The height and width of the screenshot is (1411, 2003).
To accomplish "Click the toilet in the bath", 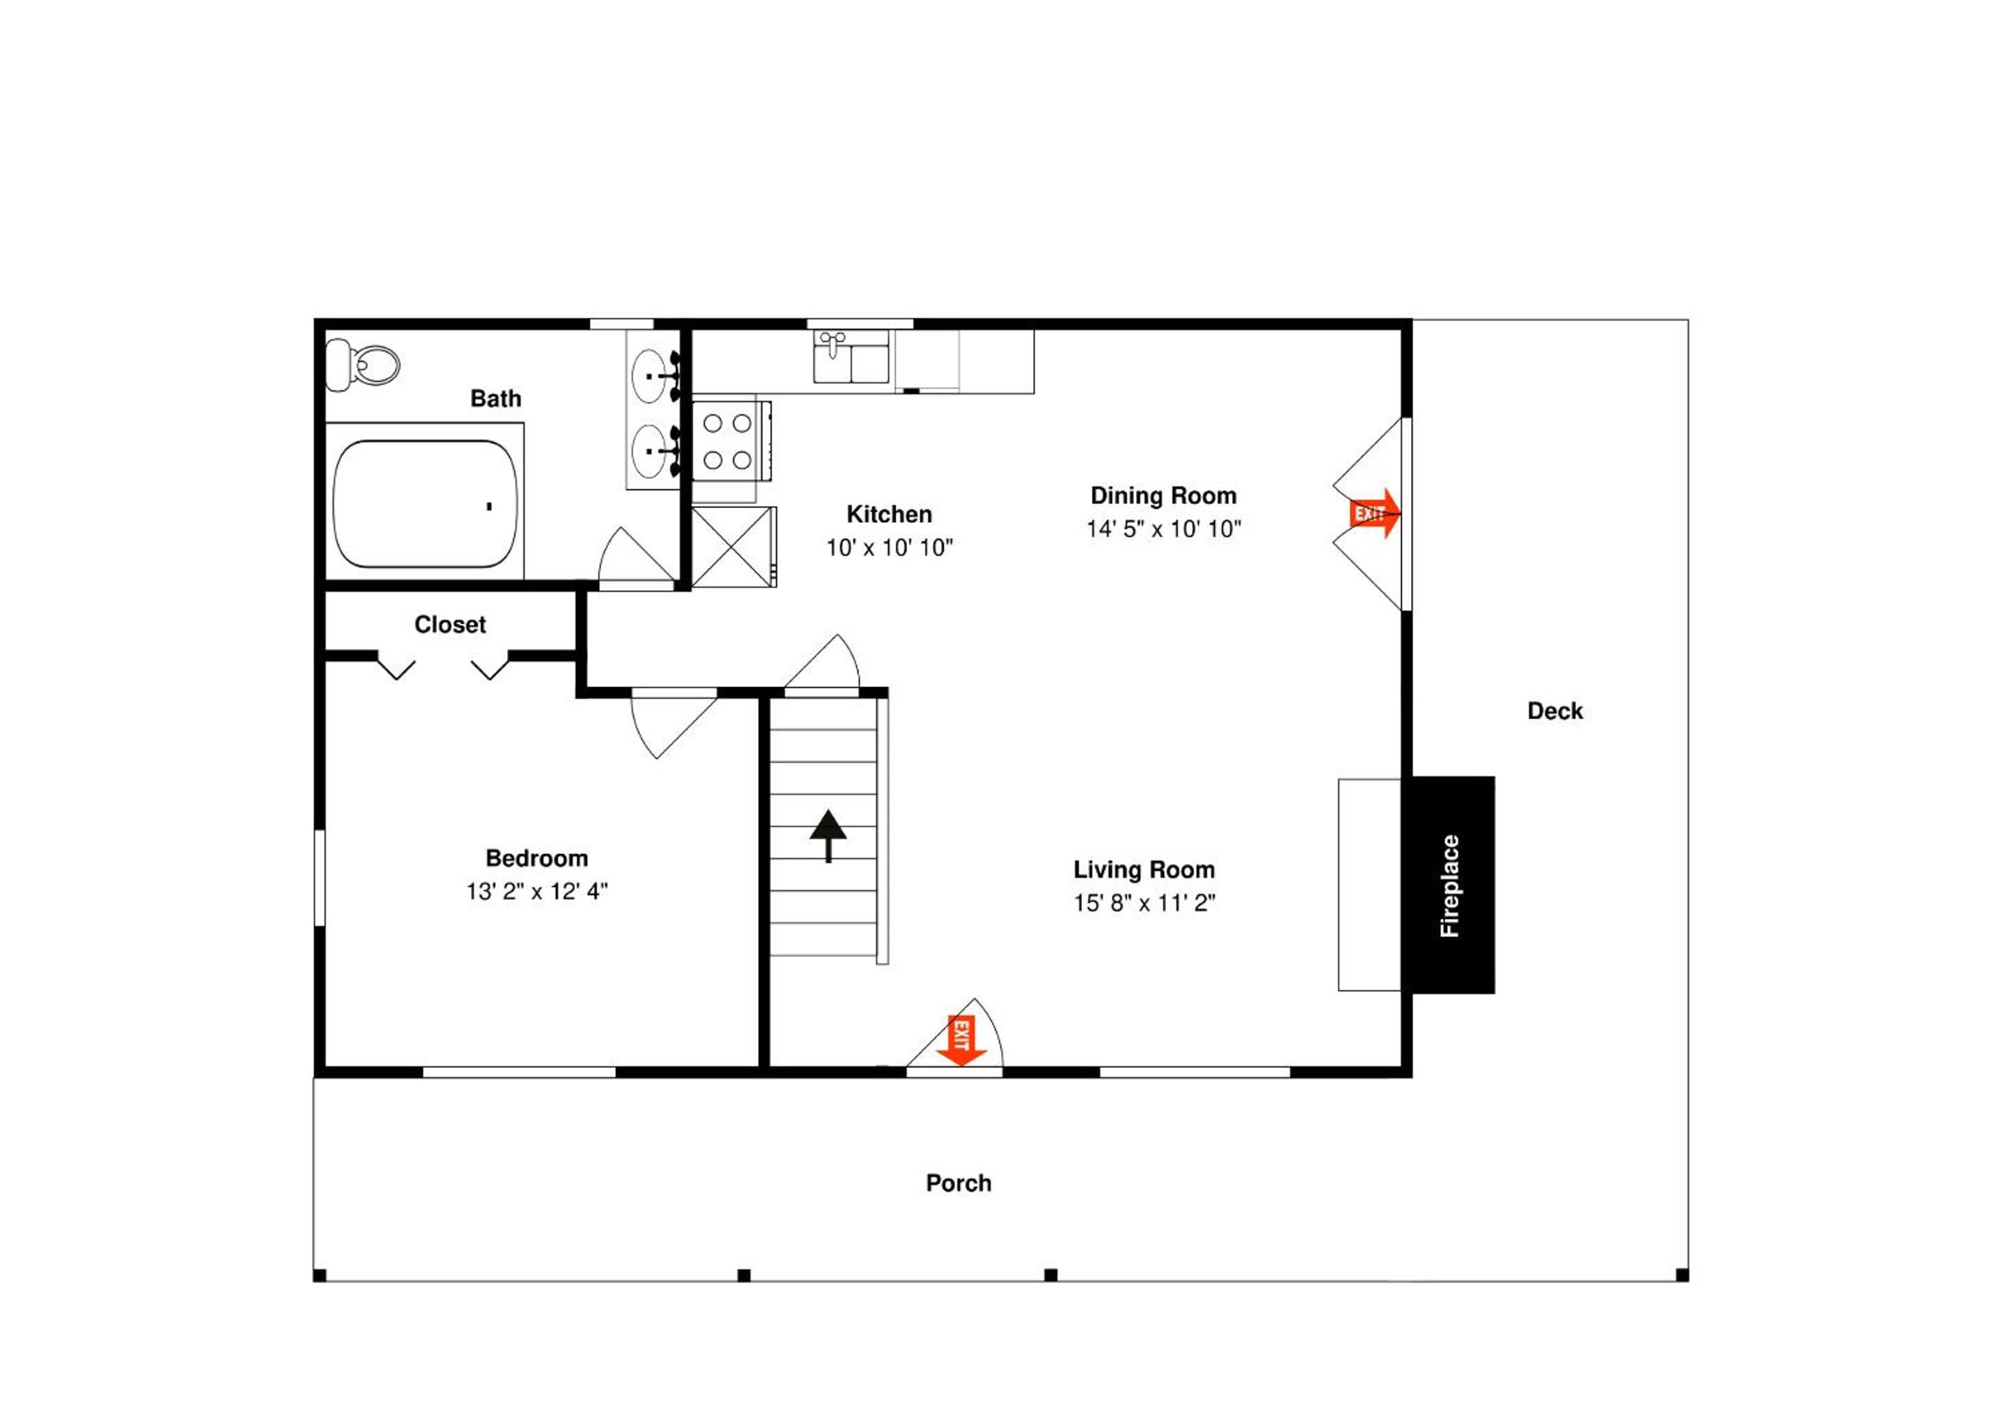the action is [x=362, y=365].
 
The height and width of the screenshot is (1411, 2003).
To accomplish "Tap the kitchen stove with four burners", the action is [x=731, y=441].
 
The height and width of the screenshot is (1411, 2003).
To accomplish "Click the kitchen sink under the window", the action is [x=852, y=357].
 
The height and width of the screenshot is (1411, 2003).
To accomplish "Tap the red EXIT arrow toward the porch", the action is [x=961, y=1040].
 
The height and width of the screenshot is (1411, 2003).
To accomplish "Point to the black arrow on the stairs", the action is [x=828, y=836].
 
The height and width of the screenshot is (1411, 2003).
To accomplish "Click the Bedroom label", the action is [x=536, y=858].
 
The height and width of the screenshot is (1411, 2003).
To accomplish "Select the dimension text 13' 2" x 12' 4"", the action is [x=536, y=891].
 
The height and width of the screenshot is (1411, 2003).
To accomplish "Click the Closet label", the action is [x=450, y=625].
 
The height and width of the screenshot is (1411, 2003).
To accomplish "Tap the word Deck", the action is [x=1554, y=711].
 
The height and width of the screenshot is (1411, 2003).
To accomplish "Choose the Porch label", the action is [x=959, y=1183].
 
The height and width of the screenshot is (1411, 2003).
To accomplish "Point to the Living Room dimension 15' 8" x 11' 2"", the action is [x=1144, y=902].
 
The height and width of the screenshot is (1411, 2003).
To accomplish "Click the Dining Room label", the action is [x=1164, y=496].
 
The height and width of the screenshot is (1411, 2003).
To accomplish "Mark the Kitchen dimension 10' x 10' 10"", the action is [x=890, y=547].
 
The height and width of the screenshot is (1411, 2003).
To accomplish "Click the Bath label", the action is [x=495, y=399].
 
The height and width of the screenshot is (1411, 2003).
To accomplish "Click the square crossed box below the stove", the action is [x=732, y=547].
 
